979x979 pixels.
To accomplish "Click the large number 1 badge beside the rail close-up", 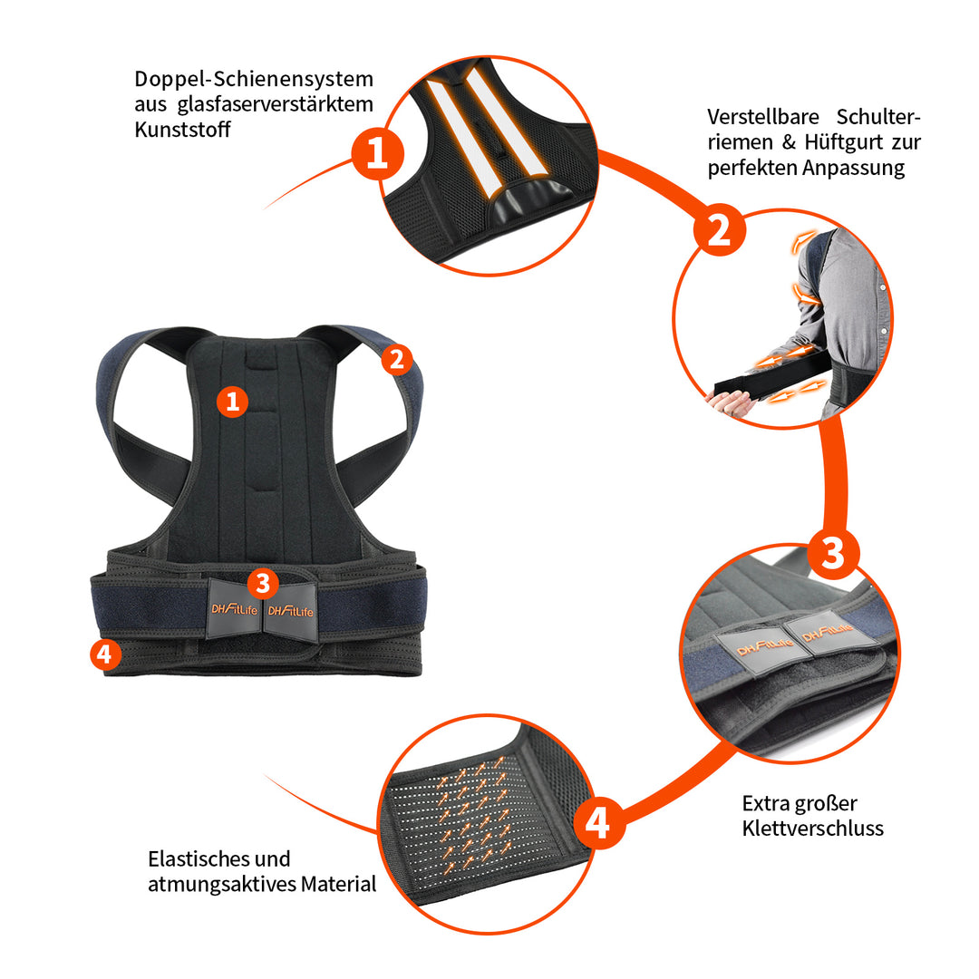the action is [x=377, y=153].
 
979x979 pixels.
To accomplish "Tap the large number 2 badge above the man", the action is [x=719, y=229].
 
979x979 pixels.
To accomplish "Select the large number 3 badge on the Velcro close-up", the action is [x=833, y=553].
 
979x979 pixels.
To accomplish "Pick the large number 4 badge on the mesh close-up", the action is [x=599, y=822].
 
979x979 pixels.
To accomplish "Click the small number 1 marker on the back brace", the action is [x=232, y=401].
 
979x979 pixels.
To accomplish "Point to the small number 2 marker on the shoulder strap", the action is [x=396, y=360].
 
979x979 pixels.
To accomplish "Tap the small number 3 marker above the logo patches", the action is [x=263, y=583].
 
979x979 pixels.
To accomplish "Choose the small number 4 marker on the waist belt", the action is [x=105, y=654].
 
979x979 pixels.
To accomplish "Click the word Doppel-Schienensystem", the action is [x=254, y=79].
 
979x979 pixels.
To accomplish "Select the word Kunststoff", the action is [x=182, y=130].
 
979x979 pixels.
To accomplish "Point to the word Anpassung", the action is [x=854, y=168].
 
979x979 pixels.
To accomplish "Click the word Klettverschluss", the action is [x=813, y=828].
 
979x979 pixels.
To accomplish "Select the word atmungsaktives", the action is [x=222, y=884].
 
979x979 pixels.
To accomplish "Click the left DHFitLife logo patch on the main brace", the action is [x=234, y=609].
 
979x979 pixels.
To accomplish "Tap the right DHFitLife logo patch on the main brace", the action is [x=291, y=610].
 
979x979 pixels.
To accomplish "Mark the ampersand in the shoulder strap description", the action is [x=789, y=142].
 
